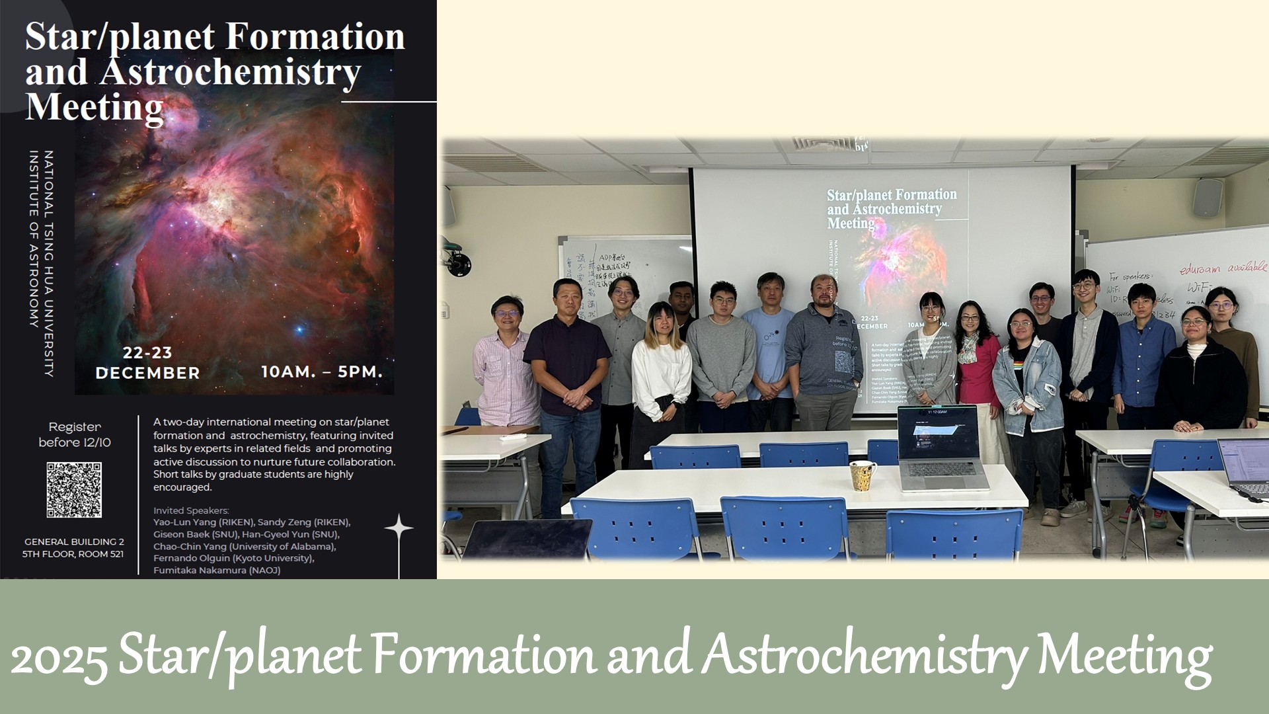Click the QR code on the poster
[74, 490]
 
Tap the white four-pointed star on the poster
[399, 528]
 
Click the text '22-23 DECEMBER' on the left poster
[147, 363]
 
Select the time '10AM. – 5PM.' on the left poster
[322, 372]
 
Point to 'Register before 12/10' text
[75, 434]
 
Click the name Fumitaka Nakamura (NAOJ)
[217, 571]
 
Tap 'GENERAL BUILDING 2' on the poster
[74, 542]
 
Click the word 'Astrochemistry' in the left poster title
[230, 72]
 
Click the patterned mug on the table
[863, 475]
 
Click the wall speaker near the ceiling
[1208, 198]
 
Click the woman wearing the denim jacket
[1028, 383]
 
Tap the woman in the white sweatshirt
[660, 377]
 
